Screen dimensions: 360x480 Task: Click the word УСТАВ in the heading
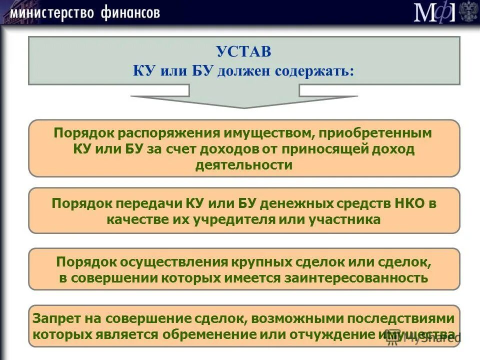click(243, 51)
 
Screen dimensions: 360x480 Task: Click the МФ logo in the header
click(434, 12)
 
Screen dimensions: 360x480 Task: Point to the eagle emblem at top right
click(468, 12)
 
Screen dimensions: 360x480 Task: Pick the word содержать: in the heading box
click(314, 70)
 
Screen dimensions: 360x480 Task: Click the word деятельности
click(243, 165)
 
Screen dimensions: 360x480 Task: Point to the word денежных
click(298, 203)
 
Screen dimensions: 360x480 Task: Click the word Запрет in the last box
click(52, 318)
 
